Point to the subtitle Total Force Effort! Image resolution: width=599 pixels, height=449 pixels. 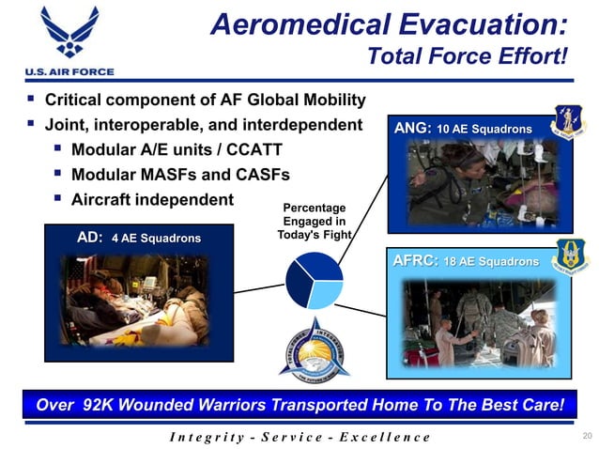point(468,57)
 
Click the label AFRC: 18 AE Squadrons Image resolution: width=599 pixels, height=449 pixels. point(467,260)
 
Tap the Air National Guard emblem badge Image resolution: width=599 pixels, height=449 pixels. point(569,122)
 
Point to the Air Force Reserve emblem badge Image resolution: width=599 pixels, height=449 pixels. point(571,256)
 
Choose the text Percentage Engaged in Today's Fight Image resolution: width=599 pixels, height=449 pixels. point(315,221)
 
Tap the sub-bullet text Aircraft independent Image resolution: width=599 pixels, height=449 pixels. point(151,199)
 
